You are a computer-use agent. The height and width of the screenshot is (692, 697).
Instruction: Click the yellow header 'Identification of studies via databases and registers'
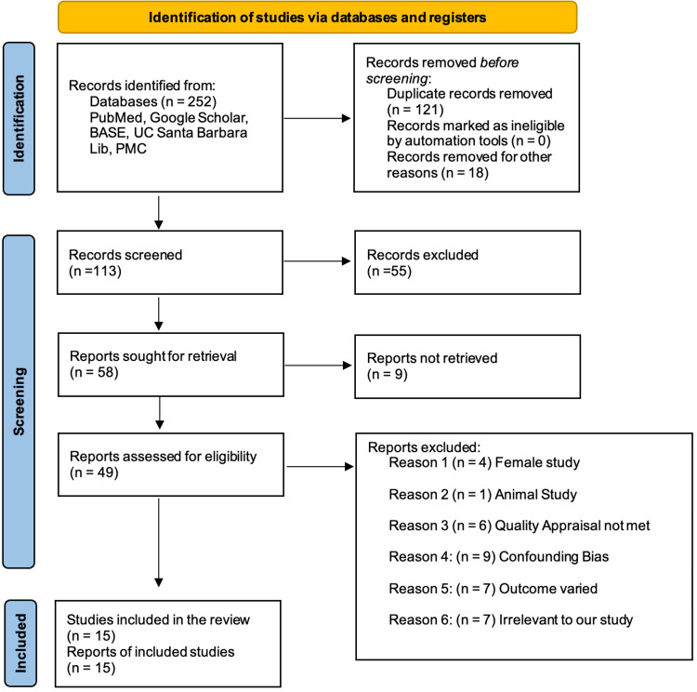pos(317,17)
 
